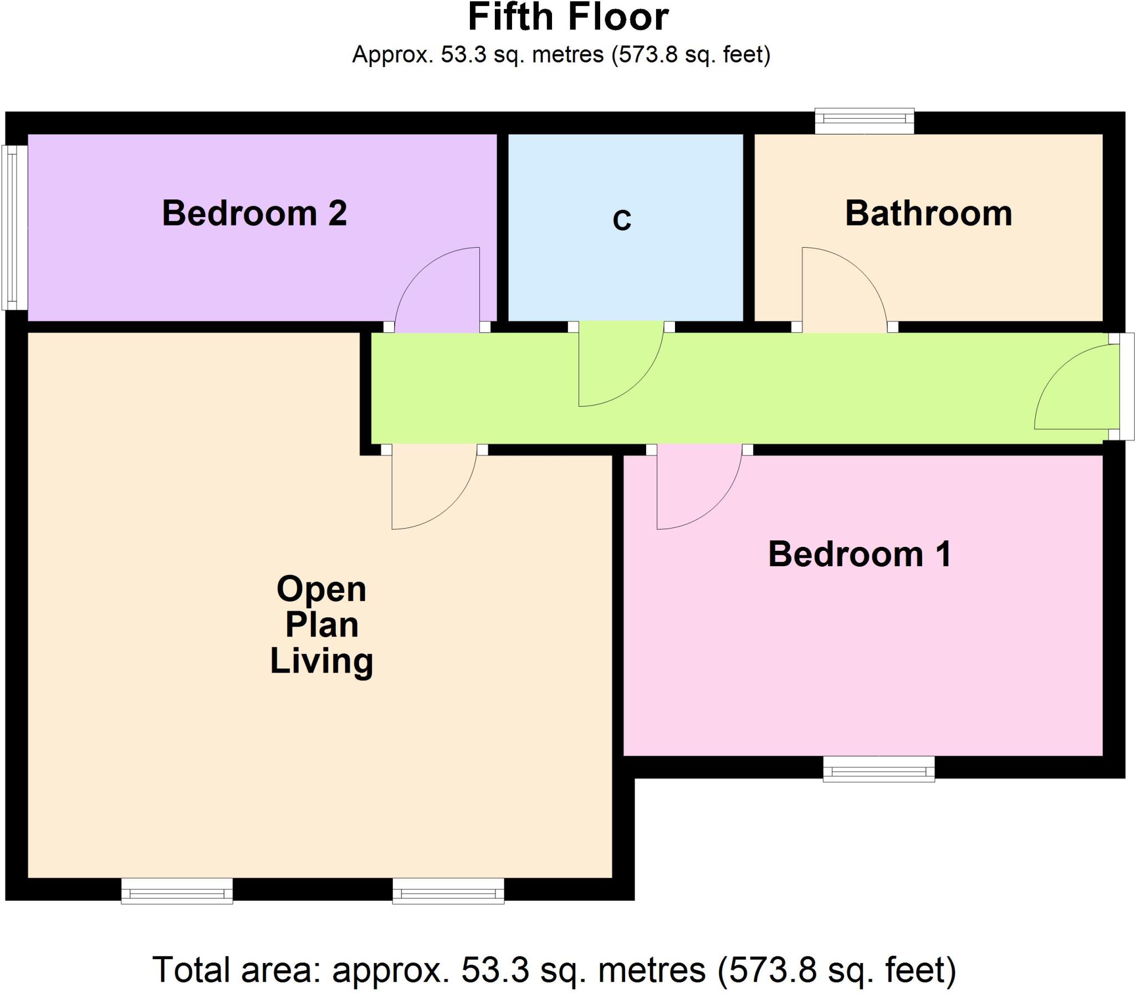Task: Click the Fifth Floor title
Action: click(x=568, y=18)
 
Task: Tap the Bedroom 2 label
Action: click(x=254, y=213)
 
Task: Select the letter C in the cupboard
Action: click(x=622, y=220)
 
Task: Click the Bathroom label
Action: click(x=928, y=213)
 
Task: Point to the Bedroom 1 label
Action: click(x=860, y=554)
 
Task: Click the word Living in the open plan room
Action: click(x=321, y=661)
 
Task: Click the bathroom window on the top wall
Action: click(x=864, y=121)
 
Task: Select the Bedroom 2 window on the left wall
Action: click(x=15, y=227)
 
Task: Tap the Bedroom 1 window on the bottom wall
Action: click(x=878, y=769)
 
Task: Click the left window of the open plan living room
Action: click(x=176, y=891)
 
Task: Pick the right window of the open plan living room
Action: click(x=448, y=891)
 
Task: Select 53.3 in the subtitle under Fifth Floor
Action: click(x=464, y=55)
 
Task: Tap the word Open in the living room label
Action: click(x=321, y=589)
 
